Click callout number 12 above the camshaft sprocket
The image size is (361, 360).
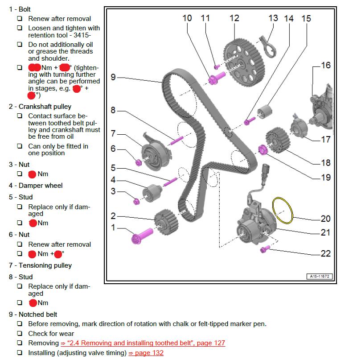click(234, 18)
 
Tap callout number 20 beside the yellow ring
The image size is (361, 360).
click(326, 219)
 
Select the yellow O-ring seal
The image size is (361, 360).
click(283, 209)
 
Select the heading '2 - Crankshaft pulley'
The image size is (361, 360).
click(40, 107)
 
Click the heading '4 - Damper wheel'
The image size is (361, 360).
click(35, 185)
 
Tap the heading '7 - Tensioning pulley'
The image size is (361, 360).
click(40, 265)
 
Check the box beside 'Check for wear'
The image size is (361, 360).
click(20, 334)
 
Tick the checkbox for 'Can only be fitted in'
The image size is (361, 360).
click(20, 146)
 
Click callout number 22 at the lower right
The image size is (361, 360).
click(326, 253)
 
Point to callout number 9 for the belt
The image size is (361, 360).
click(113, 77)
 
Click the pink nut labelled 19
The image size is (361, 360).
click(262, 149)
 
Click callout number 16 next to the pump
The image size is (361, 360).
click(326, 66)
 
